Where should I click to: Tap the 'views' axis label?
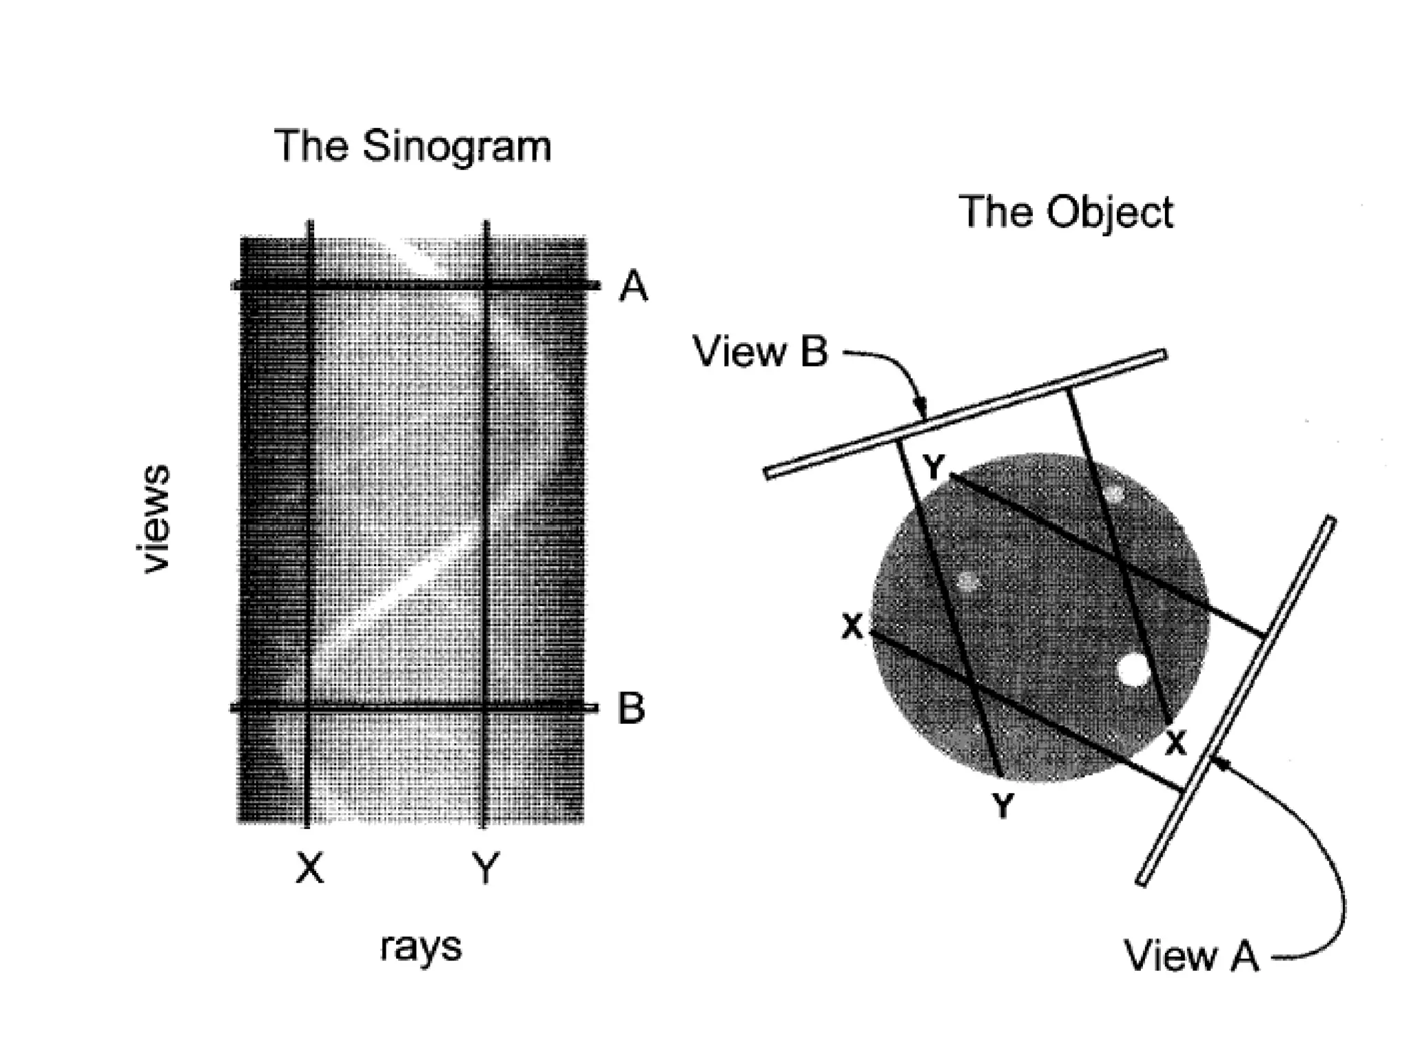(x=153, y=518)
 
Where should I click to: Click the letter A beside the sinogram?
(x=633, y=286)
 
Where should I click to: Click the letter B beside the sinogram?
(x=631, y=708)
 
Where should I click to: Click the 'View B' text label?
(x=760, y=352)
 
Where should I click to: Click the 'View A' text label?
(x=1191, y=955)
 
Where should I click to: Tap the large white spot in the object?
(x=1133, y=669)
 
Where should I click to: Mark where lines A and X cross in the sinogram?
(x=309, y=285)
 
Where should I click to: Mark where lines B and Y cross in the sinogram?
(x=486, y=707)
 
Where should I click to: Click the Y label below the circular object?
(x=1002, y=804)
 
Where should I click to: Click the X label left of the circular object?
(x=852, y=627)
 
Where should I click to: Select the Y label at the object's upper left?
(x=934, y=468)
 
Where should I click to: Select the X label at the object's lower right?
(x=1176, y=743)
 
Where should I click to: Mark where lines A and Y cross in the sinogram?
(x=486, y=285)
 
